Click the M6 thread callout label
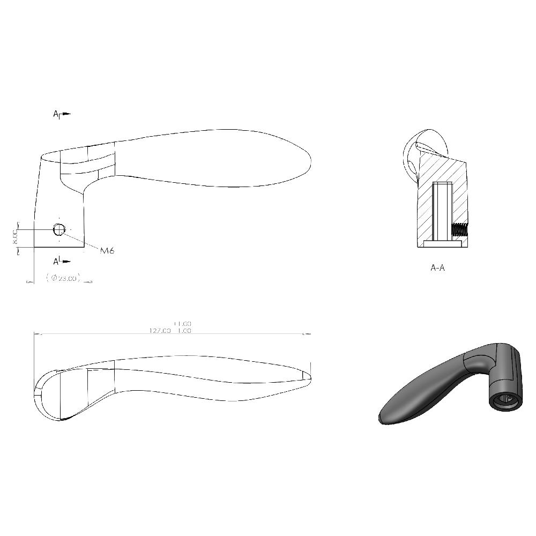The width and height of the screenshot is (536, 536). click(107, 250)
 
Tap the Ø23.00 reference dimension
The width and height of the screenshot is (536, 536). click(63, 278)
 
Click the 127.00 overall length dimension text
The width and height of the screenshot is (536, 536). click(160, 331)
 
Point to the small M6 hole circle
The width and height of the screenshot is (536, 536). click(59, 229)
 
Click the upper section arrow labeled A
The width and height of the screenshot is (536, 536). click(63, 114)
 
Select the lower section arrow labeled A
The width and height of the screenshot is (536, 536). click(63, 261)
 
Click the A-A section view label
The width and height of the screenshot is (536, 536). click(437, 267)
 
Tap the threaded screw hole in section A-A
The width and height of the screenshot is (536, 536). click(459, 231)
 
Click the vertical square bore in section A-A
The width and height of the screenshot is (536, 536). click(442, 212)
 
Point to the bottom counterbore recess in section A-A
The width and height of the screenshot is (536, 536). click(443, 244)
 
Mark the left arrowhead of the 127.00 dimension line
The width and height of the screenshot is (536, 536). click(36, 334)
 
